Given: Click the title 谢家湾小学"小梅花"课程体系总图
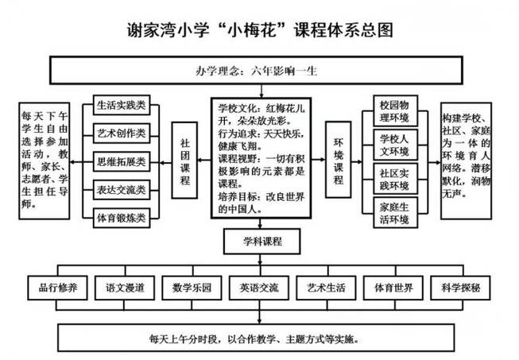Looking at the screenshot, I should tap(260, 30).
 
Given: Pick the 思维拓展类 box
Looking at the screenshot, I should tap(120, 161).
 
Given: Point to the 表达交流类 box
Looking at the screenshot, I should tap(120, 189).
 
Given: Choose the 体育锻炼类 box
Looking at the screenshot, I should tap(120, 216).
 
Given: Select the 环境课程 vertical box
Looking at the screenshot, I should tap(337, 162).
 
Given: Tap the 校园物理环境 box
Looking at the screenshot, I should tap(394, 112).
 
